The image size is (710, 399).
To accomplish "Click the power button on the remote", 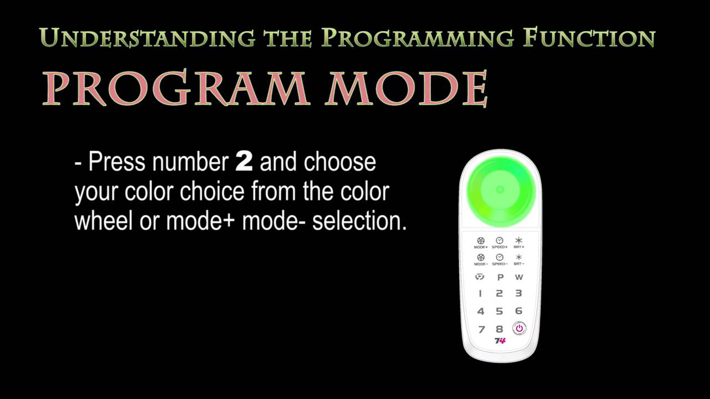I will (x=519, y=329).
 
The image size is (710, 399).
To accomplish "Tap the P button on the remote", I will (x=500, y=277).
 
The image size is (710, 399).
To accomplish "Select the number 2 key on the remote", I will (x=499, y=293).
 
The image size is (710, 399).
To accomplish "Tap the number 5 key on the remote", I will (x=499, y=311).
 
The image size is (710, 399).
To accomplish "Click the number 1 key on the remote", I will (x=480, y=293).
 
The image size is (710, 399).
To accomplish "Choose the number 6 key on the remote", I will (x=519, y=311).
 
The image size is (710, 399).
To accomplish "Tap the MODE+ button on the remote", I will (x=481, y=242).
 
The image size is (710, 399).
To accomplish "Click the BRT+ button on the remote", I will (x=519, y=242).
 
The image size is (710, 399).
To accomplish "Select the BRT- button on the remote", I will (x=519, y=259).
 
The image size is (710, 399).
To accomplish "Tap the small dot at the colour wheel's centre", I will (x=500, y=190).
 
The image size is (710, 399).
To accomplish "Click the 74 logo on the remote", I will (x=500, y=341).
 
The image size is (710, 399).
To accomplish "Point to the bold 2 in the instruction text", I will (x=244, y=162).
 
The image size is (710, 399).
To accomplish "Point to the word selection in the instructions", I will (x=359, y=221).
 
